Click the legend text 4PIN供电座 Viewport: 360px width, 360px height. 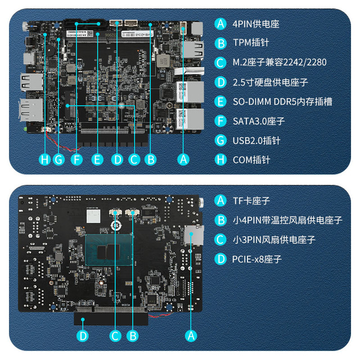[x=256, y=24]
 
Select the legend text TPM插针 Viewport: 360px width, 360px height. [x=251, y=43]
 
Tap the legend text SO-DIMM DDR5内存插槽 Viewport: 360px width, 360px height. [x=282, y=101]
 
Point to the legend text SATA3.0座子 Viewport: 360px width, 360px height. [x=259, y=121]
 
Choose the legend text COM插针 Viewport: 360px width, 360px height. [x=251, y=160]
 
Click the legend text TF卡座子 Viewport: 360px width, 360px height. [x=251, y=201]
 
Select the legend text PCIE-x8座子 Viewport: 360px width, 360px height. [x=257, y=259]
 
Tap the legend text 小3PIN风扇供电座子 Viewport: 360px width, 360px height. [x=274, y=240]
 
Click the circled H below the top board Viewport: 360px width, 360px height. [x=45, y=159]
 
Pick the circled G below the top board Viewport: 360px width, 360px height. [x=58, y=159]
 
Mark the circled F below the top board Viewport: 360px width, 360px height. [x=76, y=159]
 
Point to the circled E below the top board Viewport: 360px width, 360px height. [x=97, y=159]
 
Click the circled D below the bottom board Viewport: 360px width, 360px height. [x=83, y=336]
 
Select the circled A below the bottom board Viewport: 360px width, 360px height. [x=191, y=336]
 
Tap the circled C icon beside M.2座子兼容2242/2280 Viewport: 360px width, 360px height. [x=220, y=62]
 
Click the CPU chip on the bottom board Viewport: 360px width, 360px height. [x=109, y=250]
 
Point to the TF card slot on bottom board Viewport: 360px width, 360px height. [x=193, y=235]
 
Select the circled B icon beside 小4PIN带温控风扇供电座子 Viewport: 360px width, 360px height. [x=220, y=220]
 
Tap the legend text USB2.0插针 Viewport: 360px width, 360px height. [x=256, y=141]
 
